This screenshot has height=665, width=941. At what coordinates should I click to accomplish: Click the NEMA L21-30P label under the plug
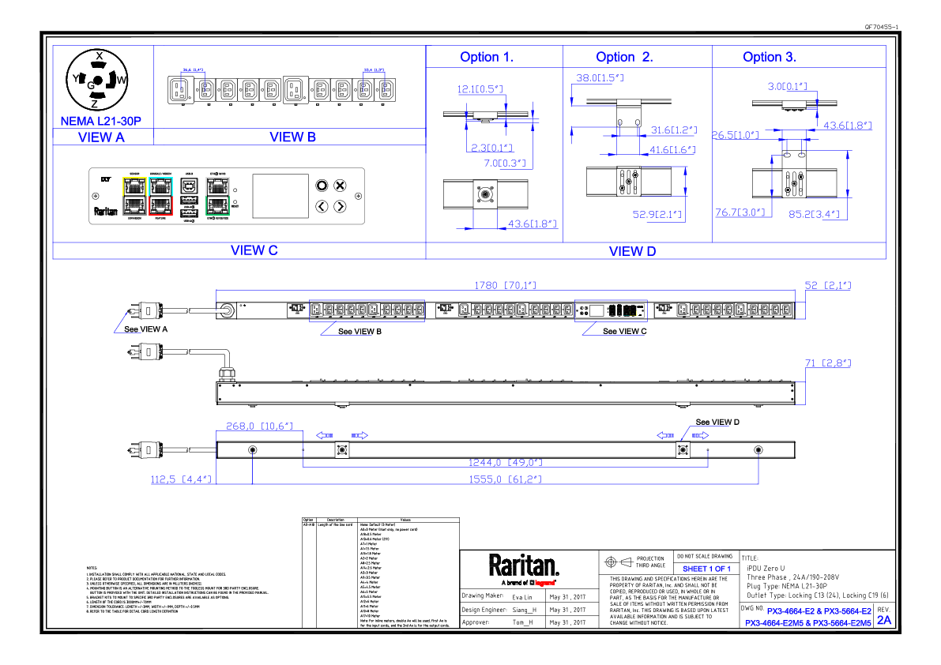pyautogui.click(x=101, y=122)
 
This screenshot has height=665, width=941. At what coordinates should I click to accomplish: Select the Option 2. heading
pyautogui.click(x=624, y=57)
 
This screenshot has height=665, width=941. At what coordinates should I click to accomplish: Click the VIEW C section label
pyautogui.click(x=254, y=250)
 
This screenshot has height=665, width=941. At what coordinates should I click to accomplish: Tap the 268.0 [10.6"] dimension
pyautogui.click(x=258, y=426)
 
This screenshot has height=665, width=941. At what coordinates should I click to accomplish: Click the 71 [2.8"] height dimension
pyautogui.click(x=827, y=363)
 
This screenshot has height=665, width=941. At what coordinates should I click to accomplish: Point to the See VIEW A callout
pyautogui.click(x=145, y=329)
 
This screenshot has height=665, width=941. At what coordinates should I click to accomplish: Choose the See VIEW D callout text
pyautogui.click(x=717, y=422)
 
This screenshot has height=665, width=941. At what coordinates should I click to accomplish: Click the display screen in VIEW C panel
pyautogui.click(x=280, y=195)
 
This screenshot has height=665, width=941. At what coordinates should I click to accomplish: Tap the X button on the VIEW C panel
pyautogui.click(x=340, y=186)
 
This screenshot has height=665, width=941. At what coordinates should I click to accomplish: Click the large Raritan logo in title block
pyautogui.click(x=523, y=566)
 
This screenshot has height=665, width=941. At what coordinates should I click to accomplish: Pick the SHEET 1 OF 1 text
pyautogui.click(x=706, y=569)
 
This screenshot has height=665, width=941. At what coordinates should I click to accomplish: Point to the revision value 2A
pyautogui.click(x=884, y=621)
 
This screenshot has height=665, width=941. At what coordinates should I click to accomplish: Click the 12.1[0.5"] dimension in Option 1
pyautogui.click(x=480, y=89)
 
